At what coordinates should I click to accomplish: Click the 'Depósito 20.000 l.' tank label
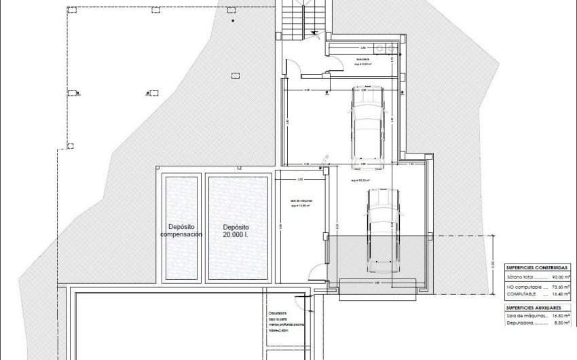236,230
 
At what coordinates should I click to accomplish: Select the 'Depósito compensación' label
181,230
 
